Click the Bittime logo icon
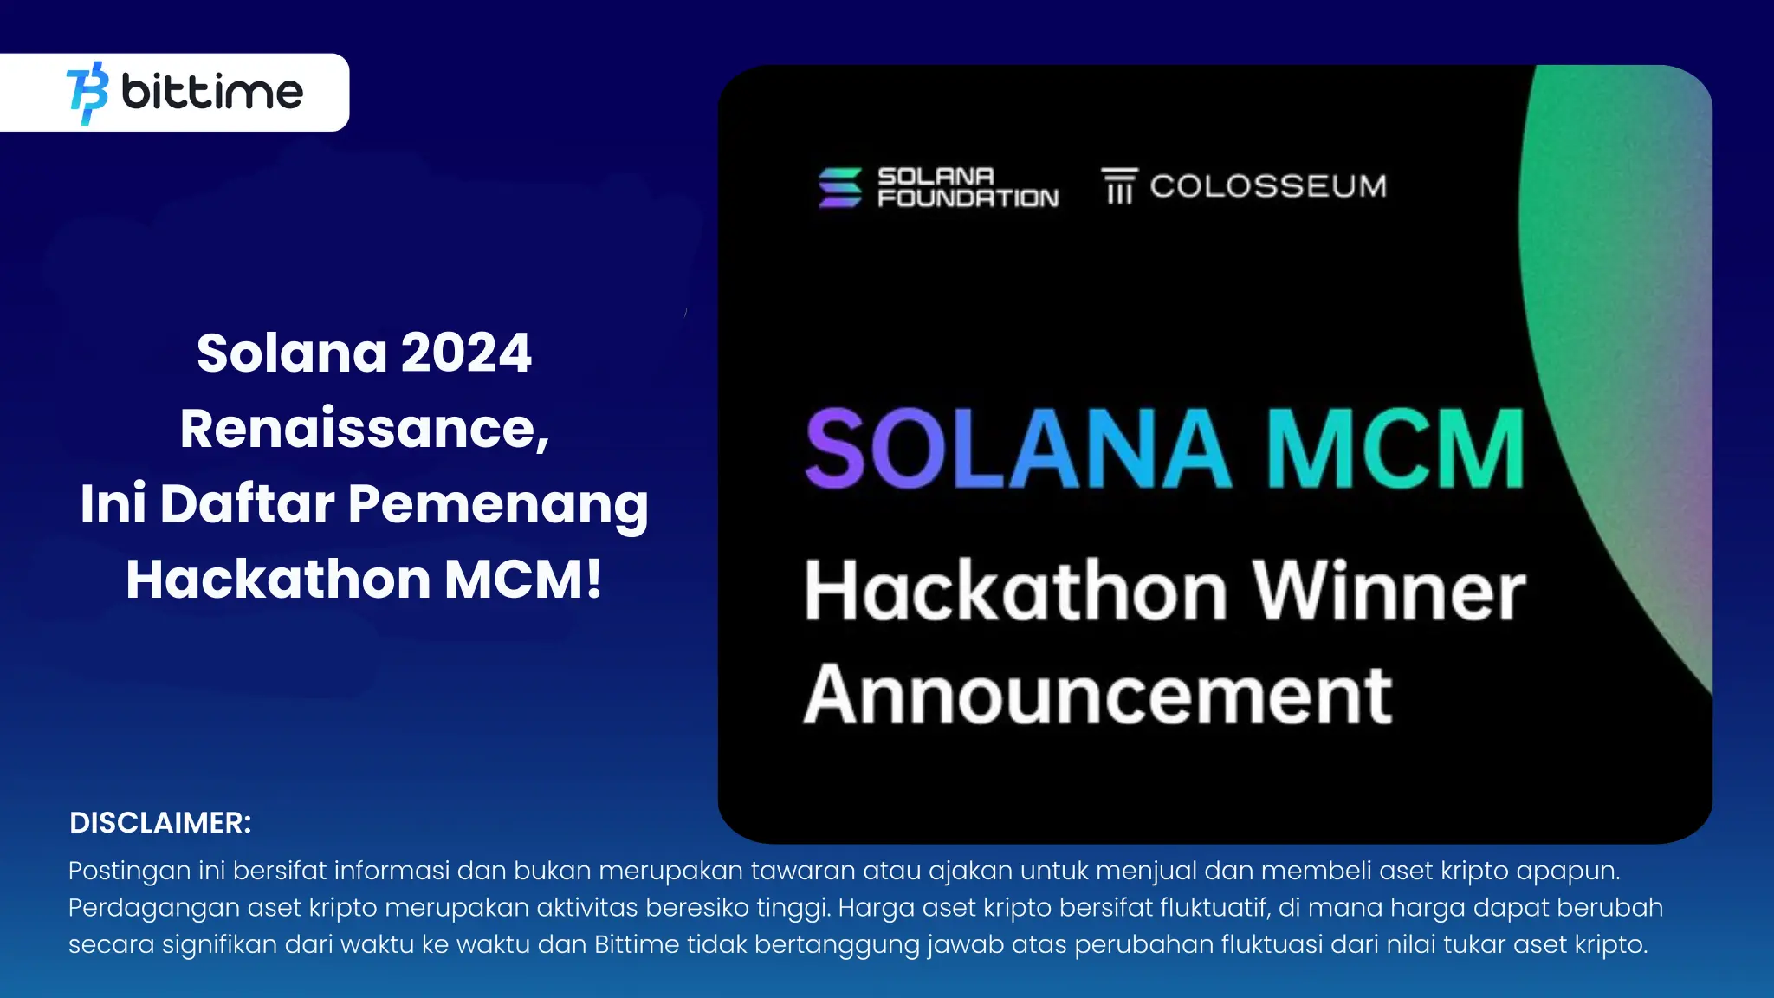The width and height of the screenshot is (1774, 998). (x=87, y=93)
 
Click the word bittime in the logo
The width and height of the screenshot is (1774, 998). (x=212, y=92)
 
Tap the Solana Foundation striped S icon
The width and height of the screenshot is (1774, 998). (x=839, y=187)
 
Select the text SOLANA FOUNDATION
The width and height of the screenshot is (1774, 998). (x=968, y=187)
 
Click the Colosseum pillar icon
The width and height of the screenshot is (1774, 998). (x=1119, y=186)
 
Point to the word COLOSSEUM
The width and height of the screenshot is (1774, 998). (x=1268, y=186)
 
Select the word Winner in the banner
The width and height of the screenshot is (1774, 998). (x=1389, y=591)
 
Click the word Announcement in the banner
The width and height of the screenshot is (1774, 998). (x=1098, y=695)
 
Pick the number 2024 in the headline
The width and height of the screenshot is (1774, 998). (x=466, y=353)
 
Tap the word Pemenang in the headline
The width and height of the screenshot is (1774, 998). (x=498, y=504)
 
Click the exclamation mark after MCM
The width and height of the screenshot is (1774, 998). (x=593, y=579)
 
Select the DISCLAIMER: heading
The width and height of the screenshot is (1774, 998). (x=160, y=823)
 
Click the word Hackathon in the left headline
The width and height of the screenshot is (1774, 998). (x=278, y=579)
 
